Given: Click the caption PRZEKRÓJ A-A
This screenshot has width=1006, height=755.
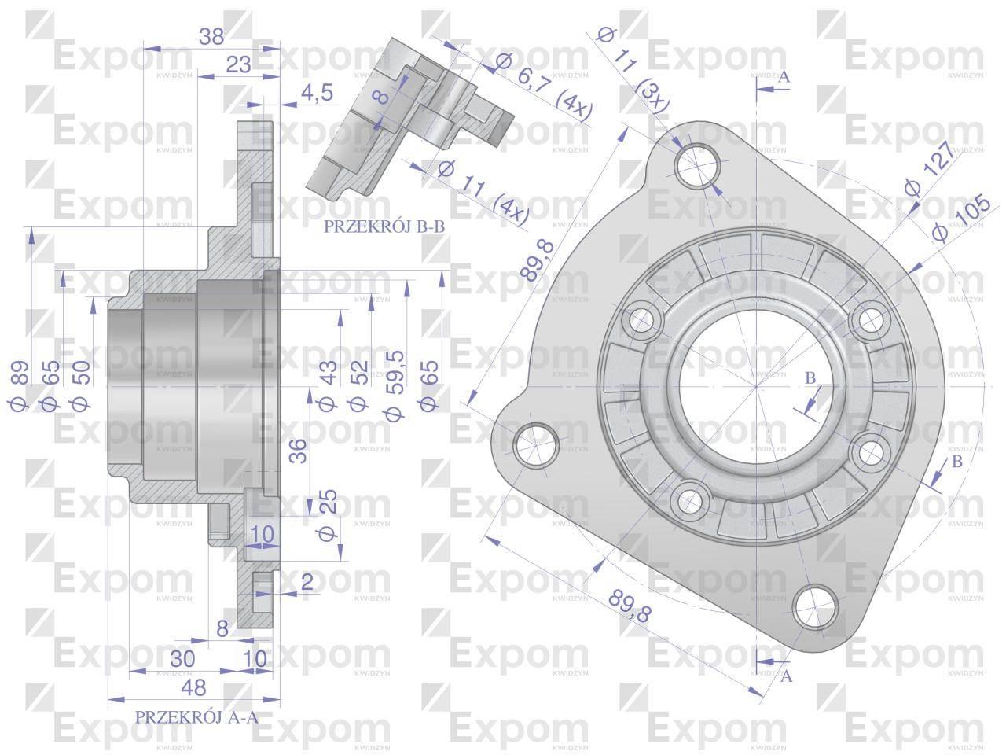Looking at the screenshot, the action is [196, 717].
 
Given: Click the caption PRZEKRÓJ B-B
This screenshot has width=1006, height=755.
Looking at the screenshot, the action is [384, 226].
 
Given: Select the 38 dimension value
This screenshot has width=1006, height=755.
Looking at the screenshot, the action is [211, 37].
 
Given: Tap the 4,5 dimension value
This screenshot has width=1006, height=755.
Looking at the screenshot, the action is [318, 93].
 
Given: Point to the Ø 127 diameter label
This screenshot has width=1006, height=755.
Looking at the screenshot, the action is [931, 168].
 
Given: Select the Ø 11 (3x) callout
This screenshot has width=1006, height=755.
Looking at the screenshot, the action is [633, 68].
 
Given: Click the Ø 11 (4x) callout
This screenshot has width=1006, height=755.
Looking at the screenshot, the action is [483, 193].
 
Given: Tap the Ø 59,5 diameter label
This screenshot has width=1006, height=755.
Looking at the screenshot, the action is [395, 385].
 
